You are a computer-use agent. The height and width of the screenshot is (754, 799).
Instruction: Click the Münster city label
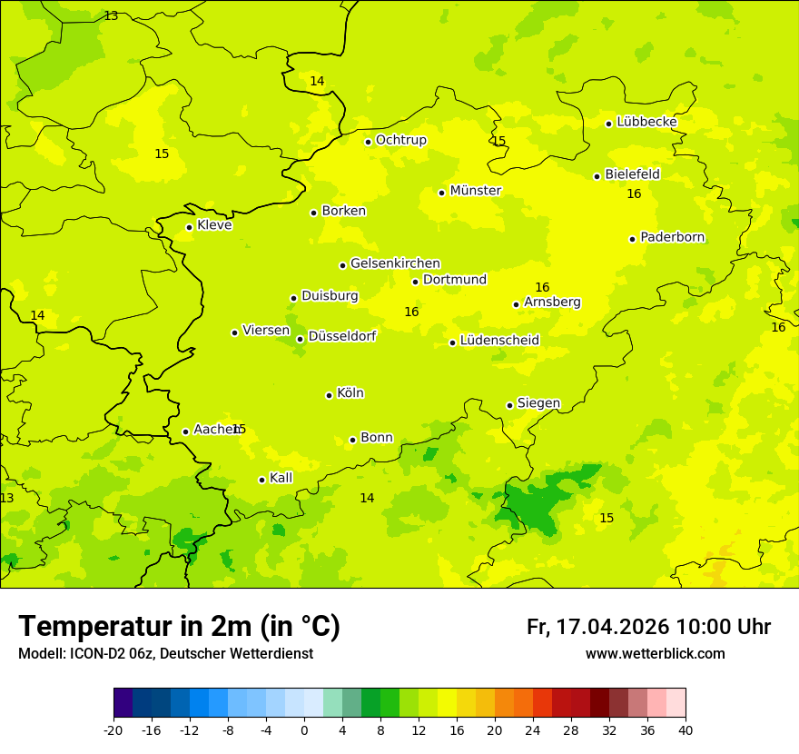[475, 191]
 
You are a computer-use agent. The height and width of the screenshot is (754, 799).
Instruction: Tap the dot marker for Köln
[329, 395]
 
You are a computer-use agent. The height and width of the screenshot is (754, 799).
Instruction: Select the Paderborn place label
[672, 237]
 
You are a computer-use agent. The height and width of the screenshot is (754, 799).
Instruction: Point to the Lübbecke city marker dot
[608, 124]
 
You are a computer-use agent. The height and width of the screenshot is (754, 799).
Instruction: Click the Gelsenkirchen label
[395, 263]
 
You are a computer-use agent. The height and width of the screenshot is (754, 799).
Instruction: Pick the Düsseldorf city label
[342, 336]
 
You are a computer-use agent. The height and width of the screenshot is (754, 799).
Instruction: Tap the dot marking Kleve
[189, 227]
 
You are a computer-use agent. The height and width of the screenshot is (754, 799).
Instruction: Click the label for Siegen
[538, 403]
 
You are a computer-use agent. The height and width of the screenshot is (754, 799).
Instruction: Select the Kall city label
[281, 478]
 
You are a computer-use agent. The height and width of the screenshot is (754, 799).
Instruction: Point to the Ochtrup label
[400, 140]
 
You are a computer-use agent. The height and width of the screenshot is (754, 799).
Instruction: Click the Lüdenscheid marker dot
[452, 342]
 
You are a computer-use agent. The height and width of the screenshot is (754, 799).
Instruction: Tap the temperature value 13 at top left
[111, 16]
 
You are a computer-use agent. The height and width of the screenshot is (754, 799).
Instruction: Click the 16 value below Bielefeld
[634, 194]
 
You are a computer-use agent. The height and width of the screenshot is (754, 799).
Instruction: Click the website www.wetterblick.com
[655, 654]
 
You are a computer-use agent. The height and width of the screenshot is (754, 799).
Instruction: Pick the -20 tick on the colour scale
[113, 730]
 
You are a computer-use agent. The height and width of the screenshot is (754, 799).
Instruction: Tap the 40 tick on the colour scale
[685, 730]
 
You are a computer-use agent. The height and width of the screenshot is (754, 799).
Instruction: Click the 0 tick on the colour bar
[304, 730]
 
